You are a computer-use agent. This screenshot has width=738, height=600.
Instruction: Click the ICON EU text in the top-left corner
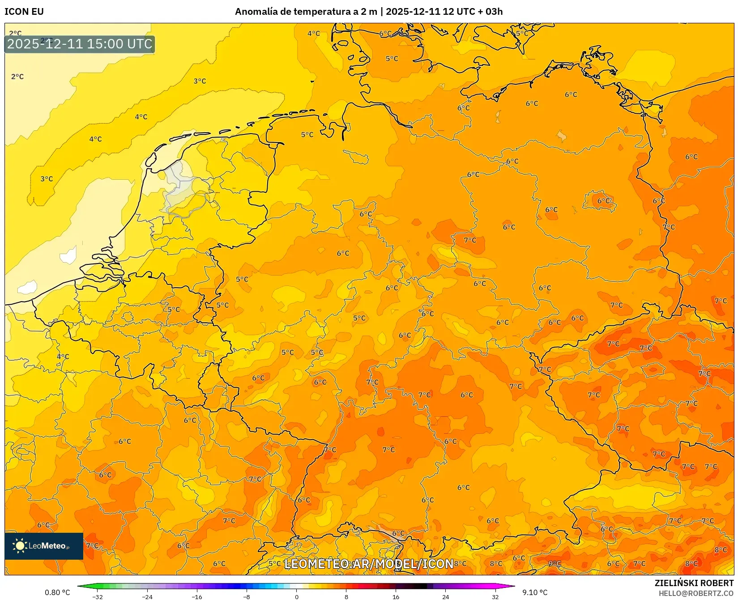[x=24, y=12]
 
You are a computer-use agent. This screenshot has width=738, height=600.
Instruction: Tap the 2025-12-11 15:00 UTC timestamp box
[x=80, y=44]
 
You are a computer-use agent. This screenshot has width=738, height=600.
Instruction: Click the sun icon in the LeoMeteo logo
[x=20, y=545]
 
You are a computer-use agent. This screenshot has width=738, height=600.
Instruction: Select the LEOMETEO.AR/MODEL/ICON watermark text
[x=369, y=564]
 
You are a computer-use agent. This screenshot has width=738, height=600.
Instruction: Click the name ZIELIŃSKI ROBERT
[x=694, y=583]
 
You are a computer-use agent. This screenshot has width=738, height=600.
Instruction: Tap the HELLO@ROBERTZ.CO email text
[x=696, y=593]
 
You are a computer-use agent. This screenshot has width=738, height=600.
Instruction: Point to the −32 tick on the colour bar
[x=98, y=596]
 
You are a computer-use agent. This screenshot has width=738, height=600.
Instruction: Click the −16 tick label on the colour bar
[x=197, y=596]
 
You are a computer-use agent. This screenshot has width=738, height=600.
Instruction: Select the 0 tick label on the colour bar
[x=296, y=596]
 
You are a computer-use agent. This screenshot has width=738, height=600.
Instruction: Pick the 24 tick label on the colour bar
[x=445, y=596]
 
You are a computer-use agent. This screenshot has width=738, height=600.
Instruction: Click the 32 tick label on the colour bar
[x=495, y=596]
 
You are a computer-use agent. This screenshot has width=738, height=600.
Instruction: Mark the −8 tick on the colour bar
[x=247, y=596]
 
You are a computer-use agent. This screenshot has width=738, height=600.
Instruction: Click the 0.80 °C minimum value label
[x=57, y=592]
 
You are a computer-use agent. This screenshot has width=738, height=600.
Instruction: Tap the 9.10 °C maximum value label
[x=535, y=592]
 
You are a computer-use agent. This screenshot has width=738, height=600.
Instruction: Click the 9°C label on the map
[x=555, y=563]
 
